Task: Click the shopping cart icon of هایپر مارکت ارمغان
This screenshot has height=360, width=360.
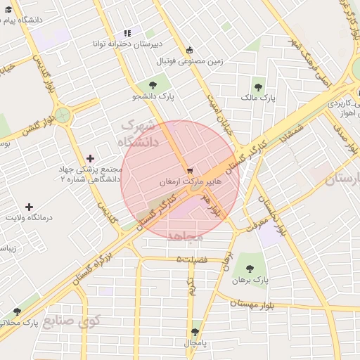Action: pos(189,171)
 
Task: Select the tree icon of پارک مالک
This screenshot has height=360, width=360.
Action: pos(258,87)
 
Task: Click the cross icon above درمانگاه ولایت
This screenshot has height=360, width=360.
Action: pos(29,207)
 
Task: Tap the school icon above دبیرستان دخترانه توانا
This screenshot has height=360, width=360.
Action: pos(127,33)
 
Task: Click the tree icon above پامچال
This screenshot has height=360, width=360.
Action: pos(195,332)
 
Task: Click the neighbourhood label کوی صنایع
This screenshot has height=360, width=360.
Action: pos(72,321)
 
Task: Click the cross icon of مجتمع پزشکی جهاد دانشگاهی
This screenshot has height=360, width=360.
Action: pos(89,159)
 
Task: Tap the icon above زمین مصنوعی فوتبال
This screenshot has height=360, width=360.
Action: pos(188,50)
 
